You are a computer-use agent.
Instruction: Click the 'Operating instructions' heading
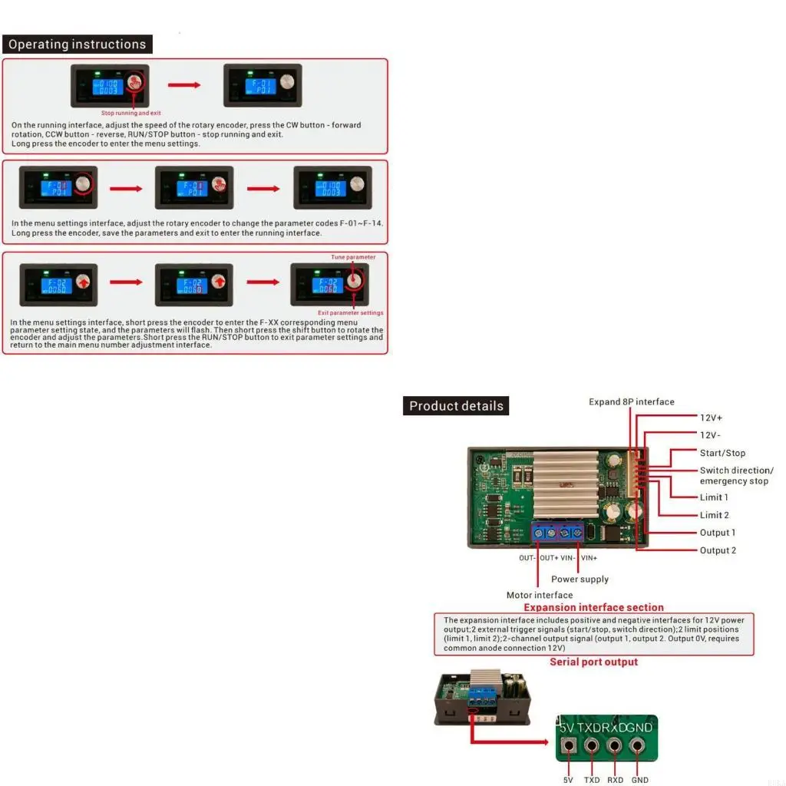tap(77, 45)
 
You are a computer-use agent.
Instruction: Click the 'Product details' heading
tap(456, 406)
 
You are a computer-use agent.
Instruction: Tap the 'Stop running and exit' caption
tap(131, 113)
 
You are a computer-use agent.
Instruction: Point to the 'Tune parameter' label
tap(353, 257)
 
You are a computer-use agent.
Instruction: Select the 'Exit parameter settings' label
tap(351, 313)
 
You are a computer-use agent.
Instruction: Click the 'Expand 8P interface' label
tap(632, 401)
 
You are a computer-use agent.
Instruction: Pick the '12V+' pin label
tap(711, 418)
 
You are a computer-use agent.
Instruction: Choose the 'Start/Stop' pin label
tap(722, 453)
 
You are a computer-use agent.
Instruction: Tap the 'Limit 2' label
tap(714, 515)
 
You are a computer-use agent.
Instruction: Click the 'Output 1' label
tap(718, 533)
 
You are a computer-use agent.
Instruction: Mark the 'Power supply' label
tap(580, 579)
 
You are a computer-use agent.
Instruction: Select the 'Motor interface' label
tap(540, 595)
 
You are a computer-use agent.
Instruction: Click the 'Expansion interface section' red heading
tap(593, 607)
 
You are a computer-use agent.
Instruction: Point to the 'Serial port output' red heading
tap(593, 662)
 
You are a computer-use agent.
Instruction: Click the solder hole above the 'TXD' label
tap(592, 745)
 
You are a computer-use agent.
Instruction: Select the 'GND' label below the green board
tap(639, 780)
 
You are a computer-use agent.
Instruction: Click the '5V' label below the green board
tap(568, 780)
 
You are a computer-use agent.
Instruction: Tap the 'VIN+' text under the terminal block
tap(589, 558)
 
